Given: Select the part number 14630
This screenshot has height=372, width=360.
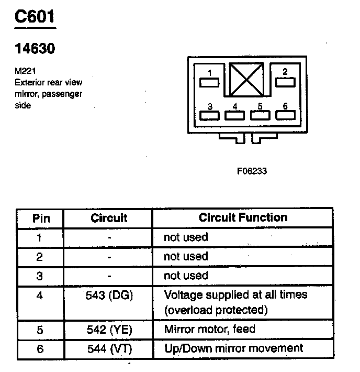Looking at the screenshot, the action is click(35, 49).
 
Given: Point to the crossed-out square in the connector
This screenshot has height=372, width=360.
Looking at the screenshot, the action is click(248, 79).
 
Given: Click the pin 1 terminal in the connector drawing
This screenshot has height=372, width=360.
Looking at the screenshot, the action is click(209, 82).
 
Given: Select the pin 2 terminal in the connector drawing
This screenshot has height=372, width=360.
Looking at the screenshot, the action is click(285, 82).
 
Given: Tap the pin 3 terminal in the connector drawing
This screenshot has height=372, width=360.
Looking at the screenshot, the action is click(209, 115).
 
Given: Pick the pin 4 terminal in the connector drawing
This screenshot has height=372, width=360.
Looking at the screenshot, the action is click(235, 115).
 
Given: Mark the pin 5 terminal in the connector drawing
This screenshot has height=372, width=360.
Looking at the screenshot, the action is click(260, 115).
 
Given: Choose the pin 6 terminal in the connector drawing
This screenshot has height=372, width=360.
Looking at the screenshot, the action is click(285, 115).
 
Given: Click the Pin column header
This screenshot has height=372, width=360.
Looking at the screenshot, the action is click(41, 218).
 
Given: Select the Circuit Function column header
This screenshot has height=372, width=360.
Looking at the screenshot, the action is click(243, 217).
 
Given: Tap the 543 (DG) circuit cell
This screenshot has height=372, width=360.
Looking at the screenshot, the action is click(109, 296).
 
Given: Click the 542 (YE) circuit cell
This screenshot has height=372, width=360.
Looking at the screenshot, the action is click(109, 330).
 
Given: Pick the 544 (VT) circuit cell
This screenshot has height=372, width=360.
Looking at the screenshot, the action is click(109, 348).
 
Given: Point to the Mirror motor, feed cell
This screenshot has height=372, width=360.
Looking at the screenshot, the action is click(209, 330).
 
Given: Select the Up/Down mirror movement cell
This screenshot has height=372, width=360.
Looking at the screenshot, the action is click(233, 348).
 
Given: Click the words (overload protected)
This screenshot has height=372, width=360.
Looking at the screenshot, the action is click(216, 310).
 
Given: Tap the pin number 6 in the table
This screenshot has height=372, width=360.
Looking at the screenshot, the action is click(40, 348).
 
